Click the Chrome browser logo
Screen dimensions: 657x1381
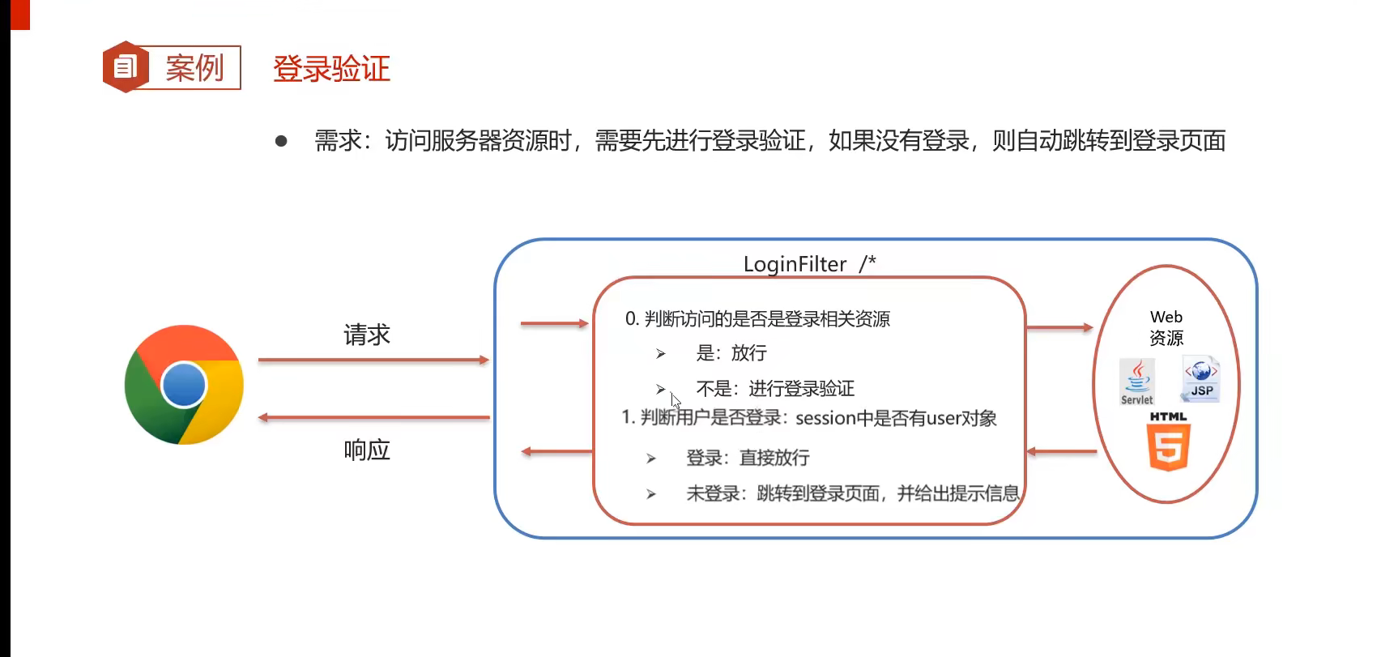click(185, 385)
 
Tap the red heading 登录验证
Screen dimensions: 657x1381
click(331, 69)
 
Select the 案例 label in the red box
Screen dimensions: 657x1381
click(194, 68)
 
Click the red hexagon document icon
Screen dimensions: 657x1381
click(125, 66)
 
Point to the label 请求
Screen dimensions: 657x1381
click(367, 335)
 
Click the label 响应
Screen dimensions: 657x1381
click(367, 450)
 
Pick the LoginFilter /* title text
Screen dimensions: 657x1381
click(809, 264)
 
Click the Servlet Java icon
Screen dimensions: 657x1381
click(1137, 381)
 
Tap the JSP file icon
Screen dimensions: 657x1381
click(1201, 378)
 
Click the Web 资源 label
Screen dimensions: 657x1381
click(1166, 327)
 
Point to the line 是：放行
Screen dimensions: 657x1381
click(731, 353)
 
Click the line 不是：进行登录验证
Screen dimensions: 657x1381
click(774, 389)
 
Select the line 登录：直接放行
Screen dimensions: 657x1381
click(747, 458)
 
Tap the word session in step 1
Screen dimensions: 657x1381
click(825, 419)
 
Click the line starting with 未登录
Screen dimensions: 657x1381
click(852, 493)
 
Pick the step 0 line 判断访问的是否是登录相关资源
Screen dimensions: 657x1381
click(757, 319)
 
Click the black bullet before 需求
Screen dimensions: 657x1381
click(281, 141)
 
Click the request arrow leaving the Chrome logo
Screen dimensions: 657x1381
click(373, 360)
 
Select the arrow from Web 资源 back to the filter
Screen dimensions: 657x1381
click(1061, 451)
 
